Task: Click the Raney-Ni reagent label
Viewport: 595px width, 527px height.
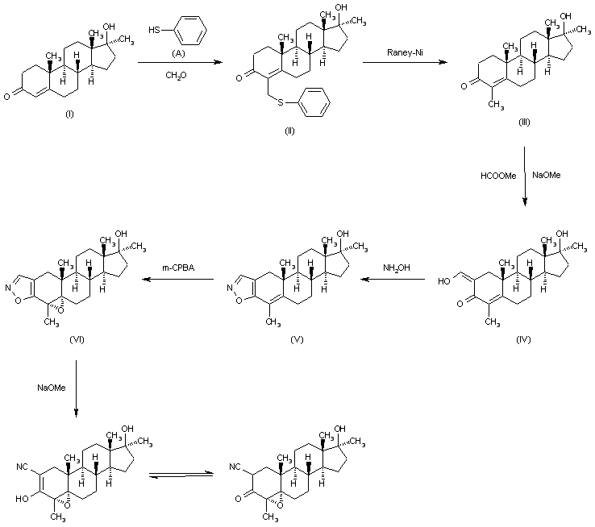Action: coord(405,52)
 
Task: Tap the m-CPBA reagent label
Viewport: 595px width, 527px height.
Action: coord(178,268)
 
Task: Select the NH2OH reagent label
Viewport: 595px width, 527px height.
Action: coord(397,268)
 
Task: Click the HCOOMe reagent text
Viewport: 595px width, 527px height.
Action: coord(498,176)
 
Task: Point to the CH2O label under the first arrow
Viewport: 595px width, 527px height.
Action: coord(176,76)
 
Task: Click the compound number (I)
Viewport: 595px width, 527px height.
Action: coord(69,114)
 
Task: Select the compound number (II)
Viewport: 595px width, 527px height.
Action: coord(289,131)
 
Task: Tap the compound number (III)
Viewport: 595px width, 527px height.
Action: coord(524,122)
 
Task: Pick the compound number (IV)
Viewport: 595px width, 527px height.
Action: coord(523,339)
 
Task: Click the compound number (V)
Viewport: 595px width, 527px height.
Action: coord(297,339)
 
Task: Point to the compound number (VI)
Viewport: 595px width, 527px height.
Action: coord(77,339)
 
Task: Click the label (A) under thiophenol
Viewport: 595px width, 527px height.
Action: coord(178,53)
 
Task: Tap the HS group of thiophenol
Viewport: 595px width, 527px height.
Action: coord(155,30)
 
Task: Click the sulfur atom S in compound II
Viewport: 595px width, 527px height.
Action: coord(281,102)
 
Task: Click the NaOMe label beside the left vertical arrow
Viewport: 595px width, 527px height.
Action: coord(52,388)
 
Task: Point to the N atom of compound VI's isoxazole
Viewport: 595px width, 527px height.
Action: coord(8,288)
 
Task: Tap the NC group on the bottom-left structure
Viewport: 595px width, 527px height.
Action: coord(22,467)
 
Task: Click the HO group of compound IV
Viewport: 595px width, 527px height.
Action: coord(444,281)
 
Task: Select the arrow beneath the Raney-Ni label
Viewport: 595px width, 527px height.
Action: coord(406,62)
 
